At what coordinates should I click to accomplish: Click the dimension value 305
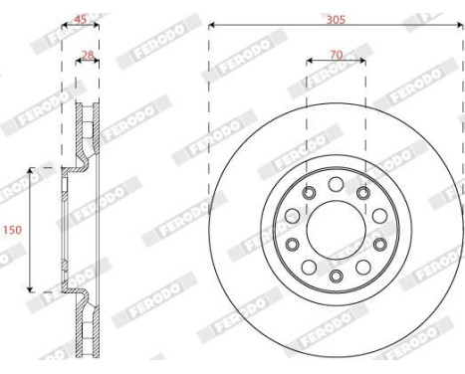(336, 17)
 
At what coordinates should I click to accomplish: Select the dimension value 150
(11, 230)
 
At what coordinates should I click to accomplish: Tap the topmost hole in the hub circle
(336, 180)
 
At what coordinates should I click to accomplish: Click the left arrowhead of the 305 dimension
(212, 27)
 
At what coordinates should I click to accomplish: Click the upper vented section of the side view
(88, 129)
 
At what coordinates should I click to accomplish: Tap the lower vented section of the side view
(88, 328)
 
